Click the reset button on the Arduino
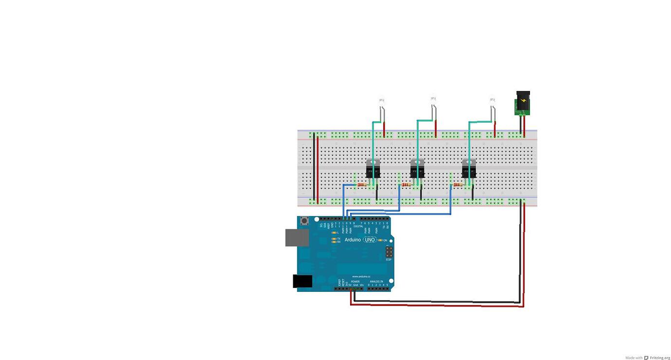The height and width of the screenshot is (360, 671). pyautogui.click(x=305, y=221)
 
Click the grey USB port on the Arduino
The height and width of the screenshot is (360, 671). pyautogui.click(x=297, y=237)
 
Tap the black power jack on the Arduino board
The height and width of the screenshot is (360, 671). pyautogui.click(x=302, y=281)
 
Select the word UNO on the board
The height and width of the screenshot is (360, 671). pyautogui.click(x=370, y=240)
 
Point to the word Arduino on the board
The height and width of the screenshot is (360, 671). pyautogui.click(x=353, y=240)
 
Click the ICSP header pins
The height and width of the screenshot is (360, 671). pyautogui.click(x=389, y=252)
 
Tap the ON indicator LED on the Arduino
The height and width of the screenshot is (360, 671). pyautogui.click(x=380, y=240)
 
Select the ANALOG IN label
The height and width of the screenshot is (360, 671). pyautogui.click(x=376, y=282)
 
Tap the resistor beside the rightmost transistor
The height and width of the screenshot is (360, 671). pyautogui.click(x=458, y=185)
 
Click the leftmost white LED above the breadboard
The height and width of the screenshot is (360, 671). pyautogui.click(x=382, y=102)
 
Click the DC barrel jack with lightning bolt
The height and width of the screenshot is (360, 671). pyautogui.click(x=523, y=103)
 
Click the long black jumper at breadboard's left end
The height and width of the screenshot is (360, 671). pyautogui.click(x=314, y=168)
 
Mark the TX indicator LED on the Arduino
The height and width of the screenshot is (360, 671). pyautogui.click(x=334, y=239)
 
